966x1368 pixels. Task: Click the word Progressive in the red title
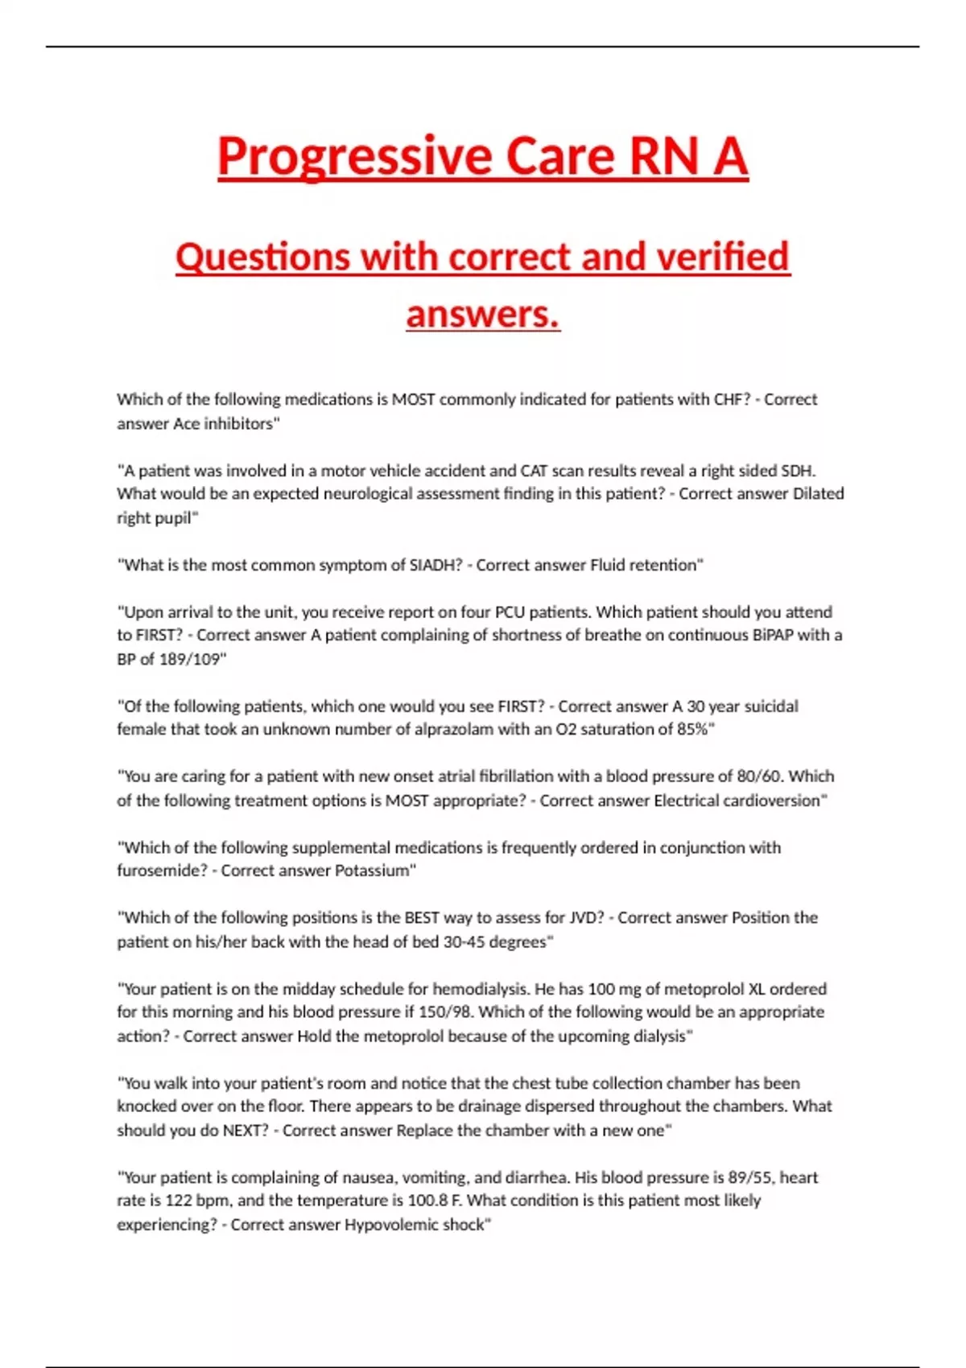[x=354, y=156]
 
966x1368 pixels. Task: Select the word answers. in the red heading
[x=483, y=314]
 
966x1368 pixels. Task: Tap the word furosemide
[x=161, y=871]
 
